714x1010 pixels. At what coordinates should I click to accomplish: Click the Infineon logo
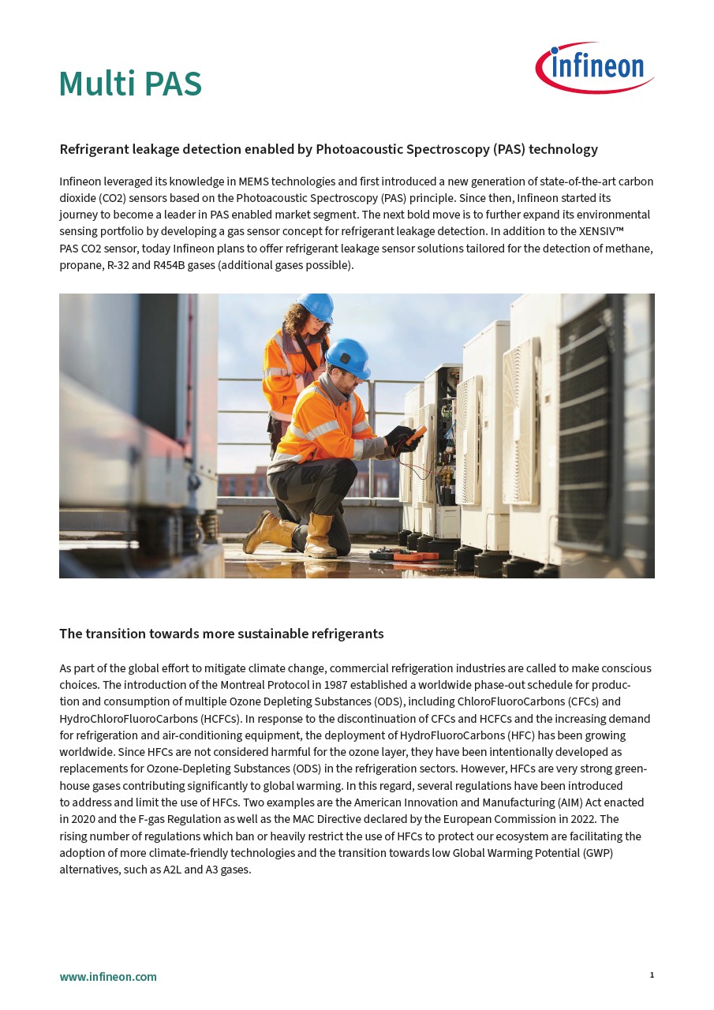[595, 67]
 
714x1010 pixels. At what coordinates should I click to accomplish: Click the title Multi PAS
[130, 84]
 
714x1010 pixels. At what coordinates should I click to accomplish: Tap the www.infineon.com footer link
[108, 977]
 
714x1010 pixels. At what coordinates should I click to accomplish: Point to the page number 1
[652, 975]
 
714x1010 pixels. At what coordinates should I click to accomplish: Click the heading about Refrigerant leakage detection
[328, 149]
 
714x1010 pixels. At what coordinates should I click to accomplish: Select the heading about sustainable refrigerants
[221, 634]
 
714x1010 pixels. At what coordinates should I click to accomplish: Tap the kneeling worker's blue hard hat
[348, 357]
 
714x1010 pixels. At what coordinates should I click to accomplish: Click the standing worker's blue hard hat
[316, 306]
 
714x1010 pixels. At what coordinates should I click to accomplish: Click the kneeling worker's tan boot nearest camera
[320, 537]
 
